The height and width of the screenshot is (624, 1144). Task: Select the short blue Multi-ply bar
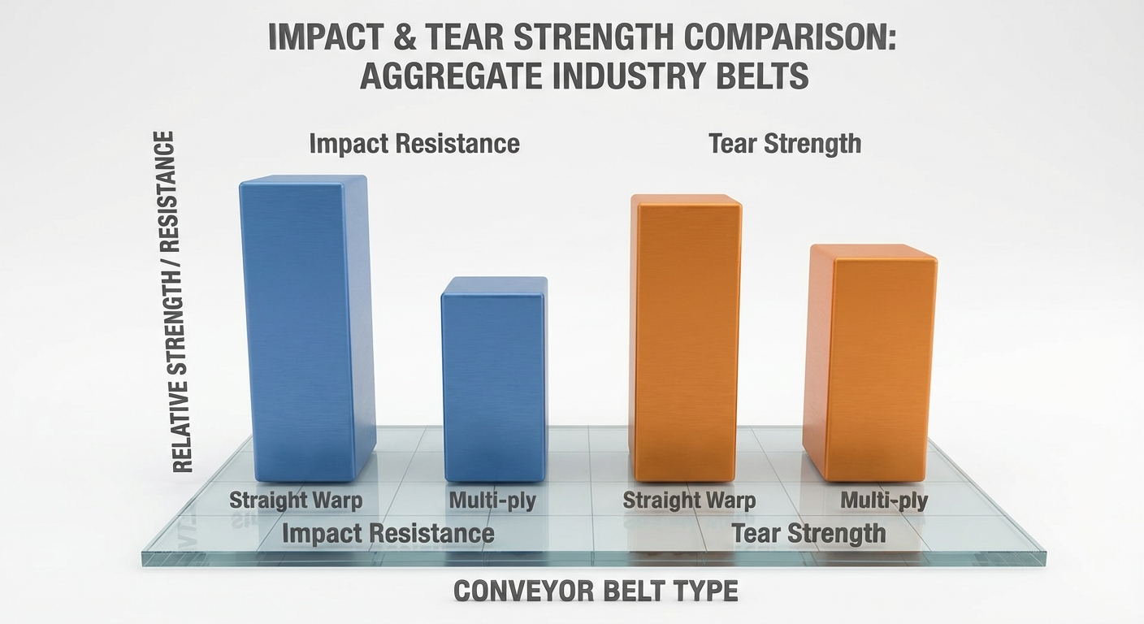494,378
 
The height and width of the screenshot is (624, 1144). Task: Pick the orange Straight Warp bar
687,337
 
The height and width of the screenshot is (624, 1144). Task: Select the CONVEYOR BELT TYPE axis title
596,591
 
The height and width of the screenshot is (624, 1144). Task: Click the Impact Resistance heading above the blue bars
414,144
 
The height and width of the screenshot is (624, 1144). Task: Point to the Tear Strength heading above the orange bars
785,144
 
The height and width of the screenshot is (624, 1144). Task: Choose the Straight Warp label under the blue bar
296,500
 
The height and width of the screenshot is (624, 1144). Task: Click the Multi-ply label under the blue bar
492,500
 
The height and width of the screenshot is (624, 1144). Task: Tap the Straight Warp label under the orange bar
689,500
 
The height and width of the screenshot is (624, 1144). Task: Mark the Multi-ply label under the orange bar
884,500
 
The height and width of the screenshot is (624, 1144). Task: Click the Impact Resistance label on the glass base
388,534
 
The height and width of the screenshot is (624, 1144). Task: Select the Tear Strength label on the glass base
808,534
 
